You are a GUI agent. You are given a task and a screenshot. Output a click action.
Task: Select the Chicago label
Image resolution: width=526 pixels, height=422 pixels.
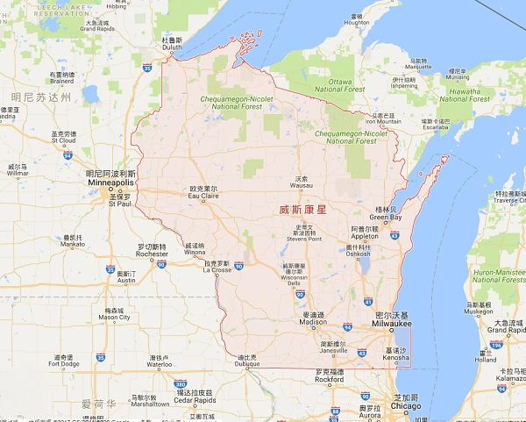coord(407,406)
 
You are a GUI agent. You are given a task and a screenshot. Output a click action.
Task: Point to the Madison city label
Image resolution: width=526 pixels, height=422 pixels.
coord(313,322)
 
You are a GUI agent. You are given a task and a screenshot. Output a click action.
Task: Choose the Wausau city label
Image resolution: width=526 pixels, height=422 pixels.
coord(302,185)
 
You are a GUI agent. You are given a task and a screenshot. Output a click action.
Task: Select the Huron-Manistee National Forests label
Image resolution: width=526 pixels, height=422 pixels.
coord(499,275)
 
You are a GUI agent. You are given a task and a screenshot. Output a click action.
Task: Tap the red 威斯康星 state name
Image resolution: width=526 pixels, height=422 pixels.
coord(302,210)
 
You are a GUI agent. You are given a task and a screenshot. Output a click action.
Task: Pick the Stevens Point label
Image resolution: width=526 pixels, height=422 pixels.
coord(303,238)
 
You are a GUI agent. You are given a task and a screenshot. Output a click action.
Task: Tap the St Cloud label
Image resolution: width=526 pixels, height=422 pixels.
coord(63,139)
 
